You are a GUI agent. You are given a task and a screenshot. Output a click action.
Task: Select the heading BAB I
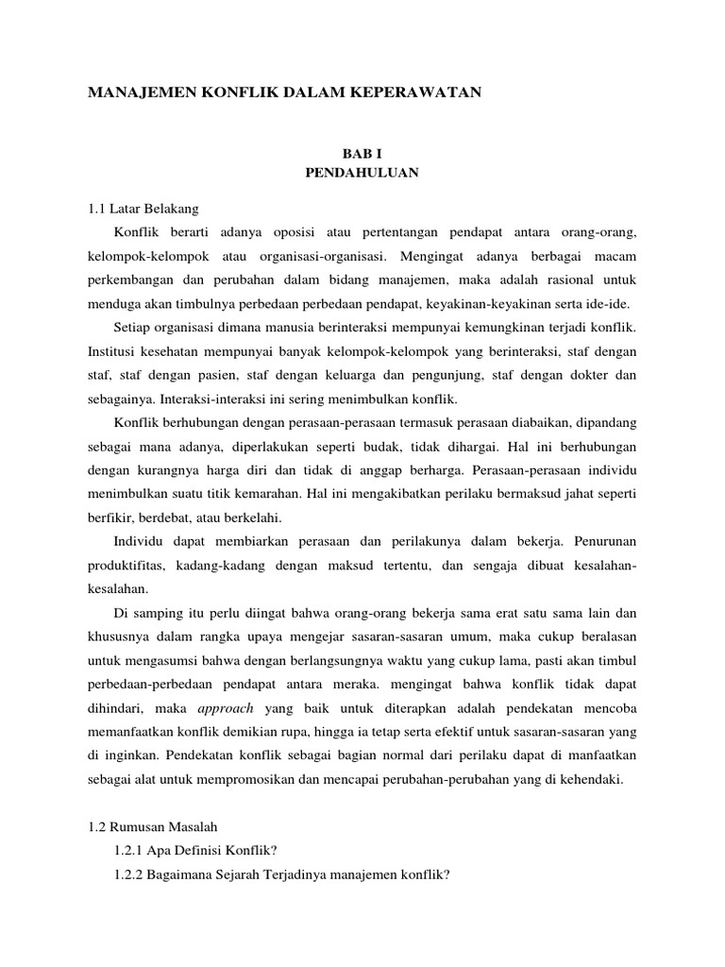(x=362, y=153)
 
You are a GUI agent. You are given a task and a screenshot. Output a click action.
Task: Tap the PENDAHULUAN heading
(x=362, y=173)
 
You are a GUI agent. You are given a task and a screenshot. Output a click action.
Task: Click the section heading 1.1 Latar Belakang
(x=143, y=208)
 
